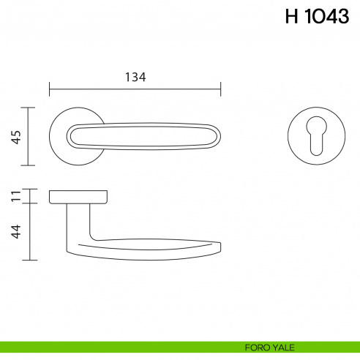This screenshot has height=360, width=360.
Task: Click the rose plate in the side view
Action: pyautogui.click(x=78, y=196)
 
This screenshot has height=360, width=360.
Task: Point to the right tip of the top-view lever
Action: pyautogui.click(x=219, y=136)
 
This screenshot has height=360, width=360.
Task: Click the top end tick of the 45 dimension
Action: pyautogui.click(x=28, y=108)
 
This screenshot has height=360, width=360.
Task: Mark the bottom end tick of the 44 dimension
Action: pyautogui.click(x=28, y=260)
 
